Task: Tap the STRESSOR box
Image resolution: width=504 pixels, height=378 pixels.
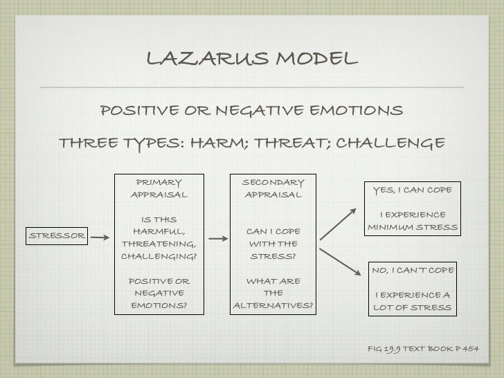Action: (56, 235)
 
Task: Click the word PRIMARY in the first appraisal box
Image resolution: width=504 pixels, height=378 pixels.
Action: (159, 183)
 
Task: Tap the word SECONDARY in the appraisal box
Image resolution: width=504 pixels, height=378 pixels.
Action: (272, 182)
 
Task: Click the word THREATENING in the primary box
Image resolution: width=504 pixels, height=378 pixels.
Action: (159, 244)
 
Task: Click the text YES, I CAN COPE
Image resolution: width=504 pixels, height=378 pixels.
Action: (412, 190)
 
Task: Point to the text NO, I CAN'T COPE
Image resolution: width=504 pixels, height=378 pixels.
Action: (412, 269)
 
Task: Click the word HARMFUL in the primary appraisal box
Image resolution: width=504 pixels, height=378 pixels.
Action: (159, 232)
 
